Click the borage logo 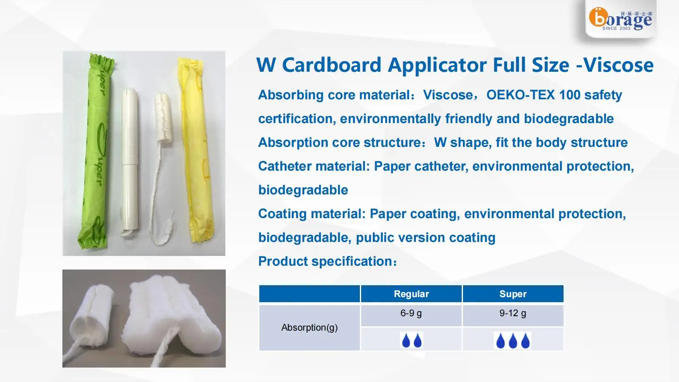pos(620,19)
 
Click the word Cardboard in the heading pos(331,65)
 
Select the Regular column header pos(411,294)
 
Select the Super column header pos(513,294)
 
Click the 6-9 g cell pos(411,314)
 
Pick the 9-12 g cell pos(513,314)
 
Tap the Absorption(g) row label pos(309,328)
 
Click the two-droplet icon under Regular pos(411,340)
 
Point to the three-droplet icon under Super pos(513,340)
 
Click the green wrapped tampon pos(97,153)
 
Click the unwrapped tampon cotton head pos(162,117)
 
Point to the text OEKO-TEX pos(520,95)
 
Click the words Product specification pos(327,261)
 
